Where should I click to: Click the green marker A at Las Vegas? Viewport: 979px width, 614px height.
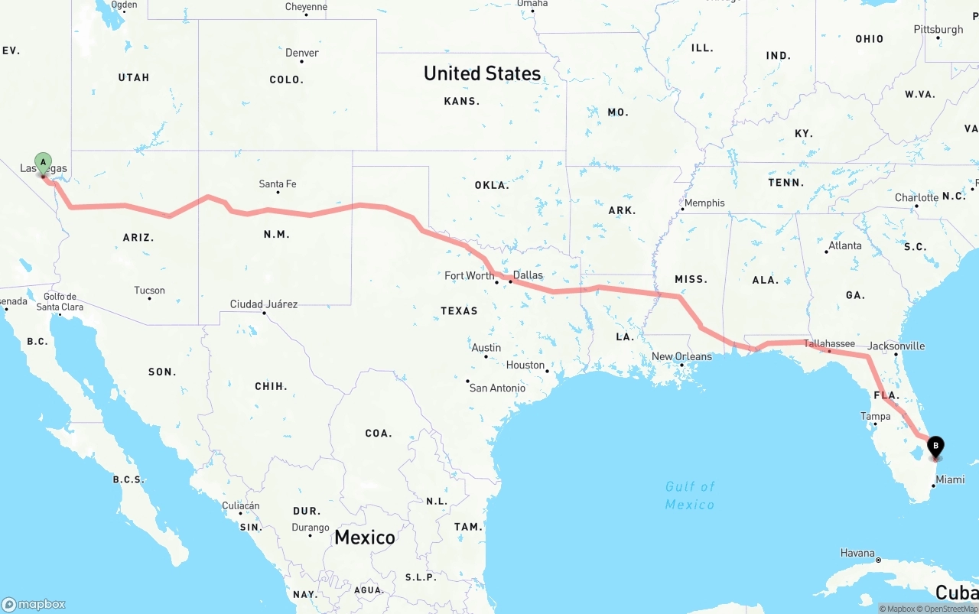point(44,162)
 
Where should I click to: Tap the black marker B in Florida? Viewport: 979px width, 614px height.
point(935,446)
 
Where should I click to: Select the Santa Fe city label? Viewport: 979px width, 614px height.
point(278,184)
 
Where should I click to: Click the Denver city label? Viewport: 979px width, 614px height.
point(302,53)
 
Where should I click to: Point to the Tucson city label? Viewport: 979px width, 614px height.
point(149,291)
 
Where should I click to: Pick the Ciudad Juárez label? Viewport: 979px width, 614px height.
point(264,304)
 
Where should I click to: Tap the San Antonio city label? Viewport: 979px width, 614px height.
point(497,388)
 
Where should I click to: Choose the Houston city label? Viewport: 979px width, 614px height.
point(525,365)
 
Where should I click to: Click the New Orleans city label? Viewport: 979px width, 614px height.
point(681,356)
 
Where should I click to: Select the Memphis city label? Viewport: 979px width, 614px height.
point(704,203)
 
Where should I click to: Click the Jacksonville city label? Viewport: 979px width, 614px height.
point(896,346)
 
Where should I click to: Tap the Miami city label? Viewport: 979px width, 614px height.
point(950,479)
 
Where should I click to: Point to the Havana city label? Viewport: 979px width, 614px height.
point(857,553)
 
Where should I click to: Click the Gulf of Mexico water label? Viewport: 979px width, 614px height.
point(690,495)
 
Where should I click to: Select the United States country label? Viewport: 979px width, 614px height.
point(482,73)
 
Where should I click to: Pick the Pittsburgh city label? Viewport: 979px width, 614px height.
point(938,30)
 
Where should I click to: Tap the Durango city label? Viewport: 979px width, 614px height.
point(311,528)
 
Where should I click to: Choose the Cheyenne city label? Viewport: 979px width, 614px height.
point(306,7)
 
